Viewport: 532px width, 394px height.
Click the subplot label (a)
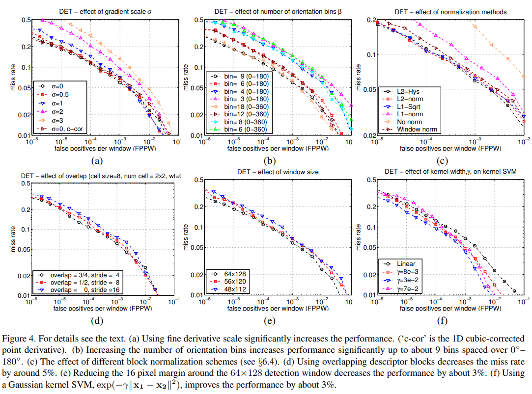[x=96, y=159]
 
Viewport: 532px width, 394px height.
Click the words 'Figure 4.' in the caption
[x=18, y=339]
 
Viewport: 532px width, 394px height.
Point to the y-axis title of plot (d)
[x=13, y=239]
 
